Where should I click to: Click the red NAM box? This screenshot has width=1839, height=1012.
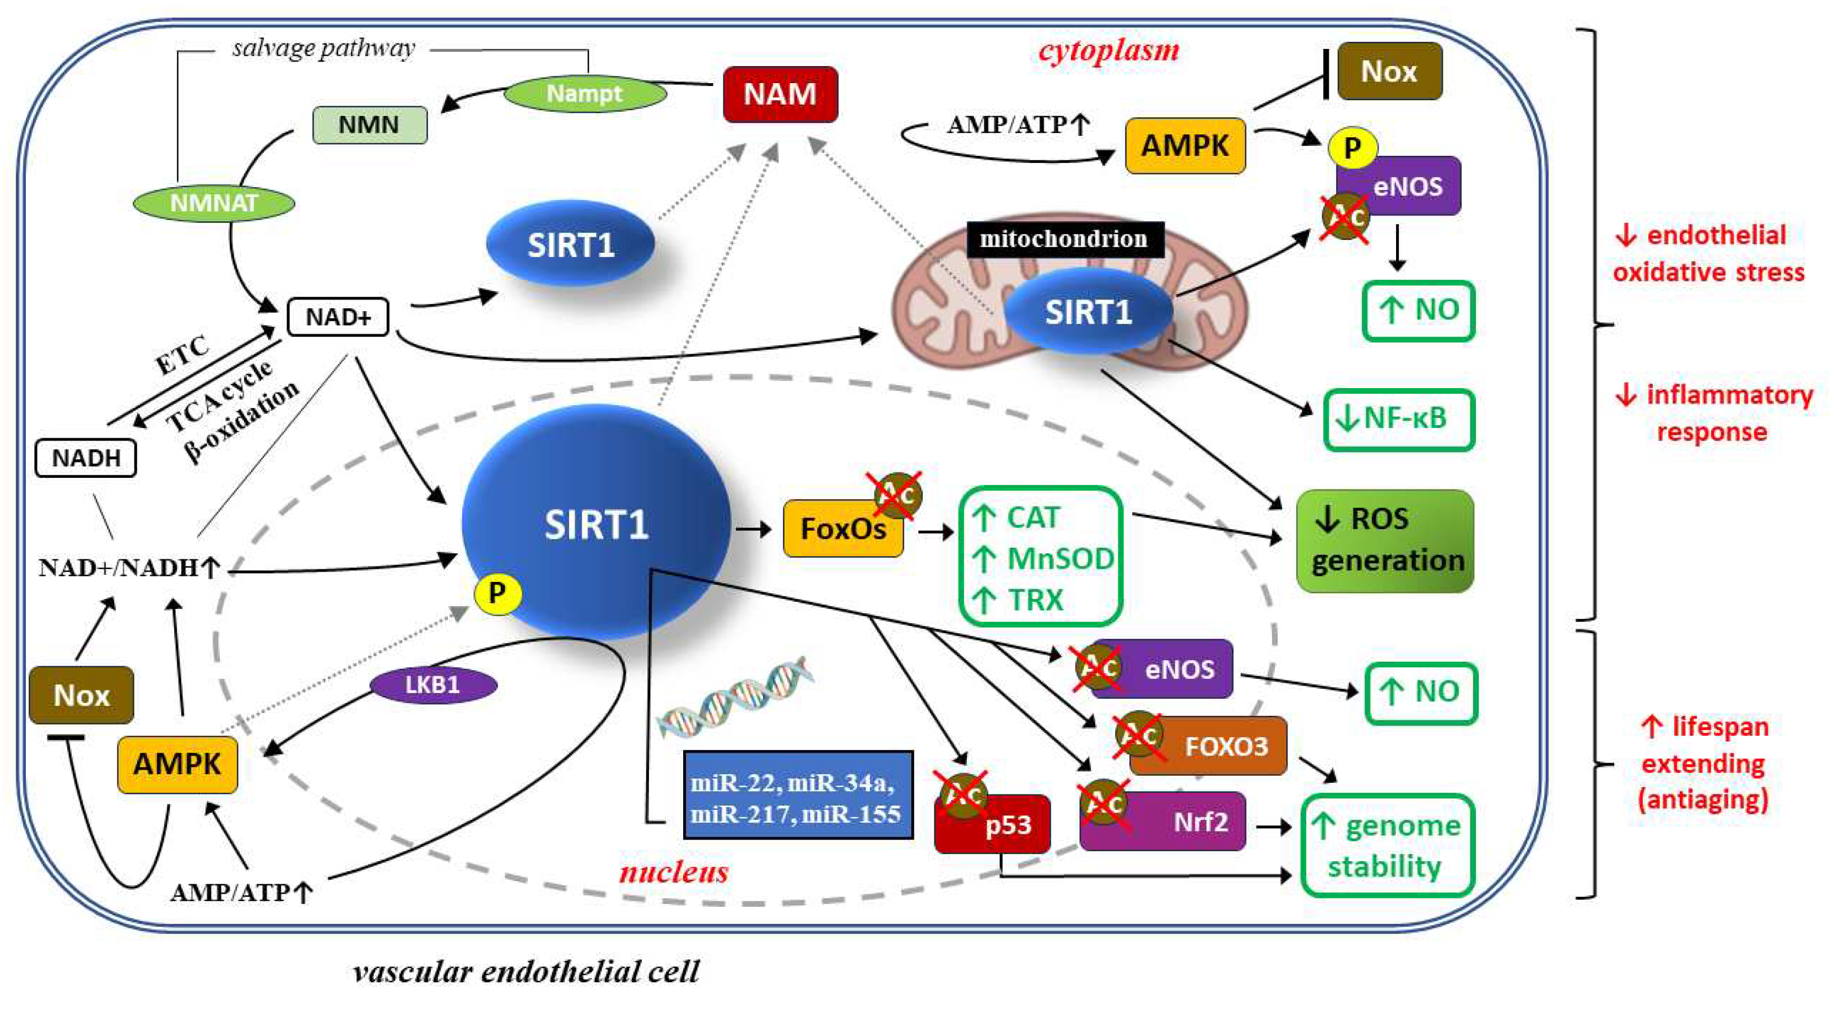coord(780,94)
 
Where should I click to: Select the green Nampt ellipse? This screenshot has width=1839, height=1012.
coord(585,94)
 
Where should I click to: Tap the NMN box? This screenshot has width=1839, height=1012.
coord(369,125)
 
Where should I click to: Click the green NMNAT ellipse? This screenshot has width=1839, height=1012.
coord(213,203)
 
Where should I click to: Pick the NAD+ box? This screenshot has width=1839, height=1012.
coord(338,317)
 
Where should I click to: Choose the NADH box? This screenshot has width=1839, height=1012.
coord(85,458)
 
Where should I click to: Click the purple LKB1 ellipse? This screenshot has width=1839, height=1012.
coord(432,685)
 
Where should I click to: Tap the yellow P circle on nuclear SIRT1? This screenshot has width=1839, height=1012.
coord(497,593)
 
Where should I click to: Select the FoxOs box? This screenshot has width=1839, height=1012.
coord(842,529)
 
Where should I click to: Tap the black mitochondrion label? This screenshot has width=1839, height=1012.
coord(1064,239)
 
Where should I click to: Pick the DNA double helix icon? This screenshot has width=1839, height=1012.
coord(735,696)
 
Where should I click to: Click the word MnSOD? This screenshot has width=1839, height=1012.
coord(1059,559)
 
